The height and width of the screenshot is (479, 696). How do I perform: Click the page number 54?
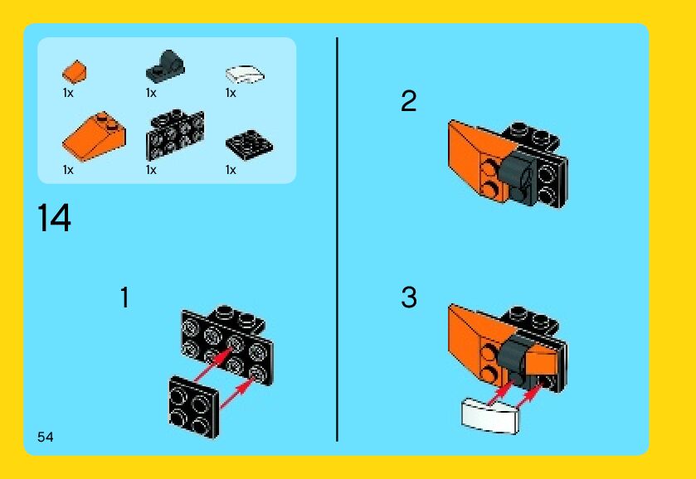click(x=46, y=437)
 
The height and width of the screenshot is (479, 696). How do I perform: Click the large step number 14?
click(x=54, y=217)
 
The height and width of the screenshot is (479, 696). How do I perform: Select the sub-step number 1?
click(x=124, y=298)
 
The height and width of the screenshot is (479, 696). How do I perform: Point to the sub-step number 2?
click(x=408, y=100)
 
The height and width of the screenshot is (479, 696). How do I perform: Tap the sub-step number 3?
click(x=409, y=297)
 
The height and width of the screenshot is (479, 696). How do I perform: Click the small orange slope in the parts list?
click(x=74, y=71)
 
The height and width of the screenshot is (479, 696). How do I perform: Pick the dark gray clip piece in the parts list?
click(x=165, y=65)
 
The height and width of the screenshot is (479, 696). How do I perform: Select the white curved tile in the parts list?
click(x=245, y=74)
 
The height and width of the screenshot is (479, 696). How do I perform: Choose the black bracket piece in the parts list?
click(x=175, y=134)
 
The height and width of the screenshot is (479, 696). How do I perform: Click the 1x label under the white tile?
click(x=231, y=93)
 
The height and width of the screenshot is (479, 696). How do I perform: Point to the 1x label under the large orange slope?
click(x=68, y=170)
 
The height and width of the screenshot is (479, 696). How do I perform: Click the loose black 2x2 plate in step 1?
click(x=194, y=407)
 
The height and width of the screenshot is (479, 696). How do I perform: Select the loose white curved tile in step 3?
click(x=490, y=415)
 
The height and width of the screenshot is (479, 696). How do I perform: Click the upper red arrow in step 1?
click(x=214, y=365)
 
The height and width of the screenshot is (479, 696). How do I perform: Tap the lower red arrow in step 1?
click(x=240, y=391)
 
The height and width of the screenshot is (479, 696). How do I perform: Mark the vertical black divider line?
click(x=338, y=239)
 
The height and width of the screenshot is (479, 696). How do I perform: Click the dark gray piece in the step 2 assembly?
click(x=520, y=176)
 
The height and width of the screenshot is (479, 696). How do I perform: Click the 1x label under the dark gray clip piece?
click(x=151, y=93)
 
